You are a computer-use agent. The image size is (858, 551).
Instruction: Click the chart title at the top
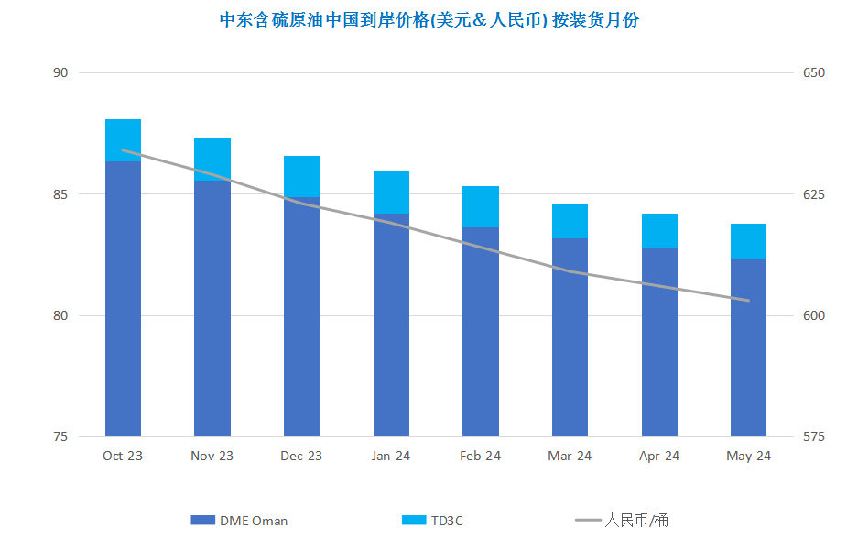pyautogui.click(x=429, y=20)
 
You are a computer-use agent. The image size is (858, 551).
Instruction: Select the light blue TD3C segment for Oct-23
pyautogui.click(x=123, y=140)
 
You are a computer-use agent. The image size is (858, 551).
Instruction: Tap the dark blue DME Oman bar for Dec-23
pyautogui.click(x=301, y=316)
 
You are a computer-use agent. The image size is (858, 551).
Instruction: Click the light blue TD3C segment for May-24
pyautogui.click(x=748, y=241)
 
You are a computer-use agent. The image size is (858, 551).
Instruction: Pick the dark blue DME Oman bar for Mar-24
pyautogui.click(x=570, y=337)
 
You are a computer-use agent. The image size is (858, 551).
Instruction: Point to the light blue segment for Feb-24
pyautogui.click(x=481, y=207)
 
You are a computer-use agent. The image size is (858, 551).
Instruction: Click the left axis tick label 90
pyautogui.click(x=60, y=72)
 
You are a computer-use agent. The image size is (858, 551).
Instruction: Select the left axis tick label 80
pyautogui.click(x=60, y=315)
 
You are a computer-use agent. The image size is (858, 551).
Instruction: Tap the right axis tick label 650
pyautogui.click(x=814, y=72)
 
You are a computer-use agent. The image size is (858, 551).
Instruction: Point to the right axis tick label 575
pyautogui.click(x=814, y=436)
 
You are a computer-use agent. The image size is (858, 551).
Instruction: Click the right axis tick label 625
pyautogui.click(x=814, y=194)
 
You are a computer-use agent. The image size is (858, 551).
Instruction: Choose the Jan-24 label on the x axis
pyautogui.click(x=391, y=456)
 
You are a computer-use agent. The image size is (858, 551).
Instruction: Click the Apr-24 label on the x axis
pyautogui.click(x=658, y=456)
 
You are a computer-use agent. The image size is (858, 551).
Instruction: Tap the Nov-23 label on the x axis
pyautogui.click(x=212, y=456)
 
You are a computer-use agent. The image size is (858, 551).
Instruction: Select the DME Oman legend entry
pyautogui.click(x=239, y=521)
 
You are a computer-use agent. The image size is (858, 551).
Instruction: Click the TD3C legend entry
pyautogui.click(x=432, y=521)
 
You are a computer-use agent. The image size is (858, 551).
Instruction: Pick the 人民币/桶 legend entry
pyautogui.click(x=622, y=520)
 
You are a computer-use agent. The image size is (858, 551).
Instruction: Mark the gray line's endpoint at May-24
pyautogui.click(x=748, y=300)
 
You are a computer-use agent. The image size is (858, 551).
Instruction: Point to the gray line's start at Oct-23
pyautogui.click(x=123, y=150)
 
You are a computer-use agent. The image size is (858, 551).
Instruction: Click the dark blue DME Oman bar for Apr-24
pyautogui.click(x=659, y=342)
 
